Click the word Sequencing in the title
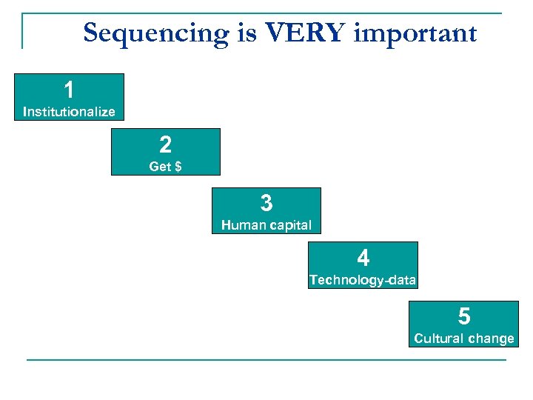click(156, 33)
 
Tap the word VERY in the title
click(304, 33)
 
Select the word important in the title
click(415, 33)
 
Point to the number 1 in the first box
click(69, 90)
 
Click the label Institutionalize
click(69, 112)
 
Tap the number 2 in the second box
click(165, 145)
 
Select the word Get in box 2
click(160, 167)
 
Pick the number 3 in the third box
click(266, 203)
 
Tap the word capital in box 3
click(289, 225)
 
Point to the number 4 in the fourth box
click(363, 259)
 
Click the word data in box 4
click(400, 280)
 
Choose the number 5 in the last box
click(463, 317)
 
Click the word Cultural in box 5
click(437, 339)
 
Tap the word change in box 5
click(489, 339)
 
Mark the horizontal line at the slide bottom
click(266, 360)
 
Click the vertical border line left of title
click(22, 31)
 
